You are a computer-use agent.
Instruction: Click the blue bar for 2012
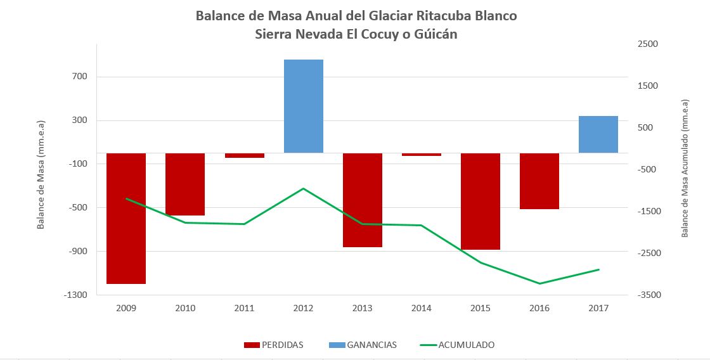(x=304, y=106)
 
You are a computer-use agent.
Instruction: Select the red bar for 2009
(x=126, y=218)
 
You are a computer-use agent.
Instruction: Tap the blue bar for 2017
(x=598, y=134)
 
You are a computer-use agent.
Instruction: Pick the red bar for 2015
(x=481, y=201)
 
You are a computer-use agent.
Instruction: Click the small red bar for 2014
(x=422, y=155)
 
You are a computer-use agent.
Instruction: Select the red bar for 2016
(x=539, y=181)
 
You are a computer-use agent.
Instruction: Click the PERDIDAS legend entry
(x=273, y=345)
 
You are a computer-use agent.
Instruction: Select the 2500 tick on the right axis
(x=649, y=44)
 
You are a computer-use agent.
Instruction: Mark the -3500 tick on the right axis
(x=647, y=295)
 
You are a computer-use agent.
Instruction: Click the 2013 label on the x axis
(x=363, y=309)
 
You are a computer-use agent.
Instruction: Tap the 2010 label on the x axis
(x=185, y=309)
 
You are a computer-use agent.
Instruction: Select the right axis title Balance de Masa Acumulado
(x=685, y=169)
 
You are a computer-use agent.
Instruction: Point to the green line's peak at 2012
(x=304, y=188)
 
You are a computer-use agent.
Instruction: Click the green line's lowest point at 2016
(x=539, y=283)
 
